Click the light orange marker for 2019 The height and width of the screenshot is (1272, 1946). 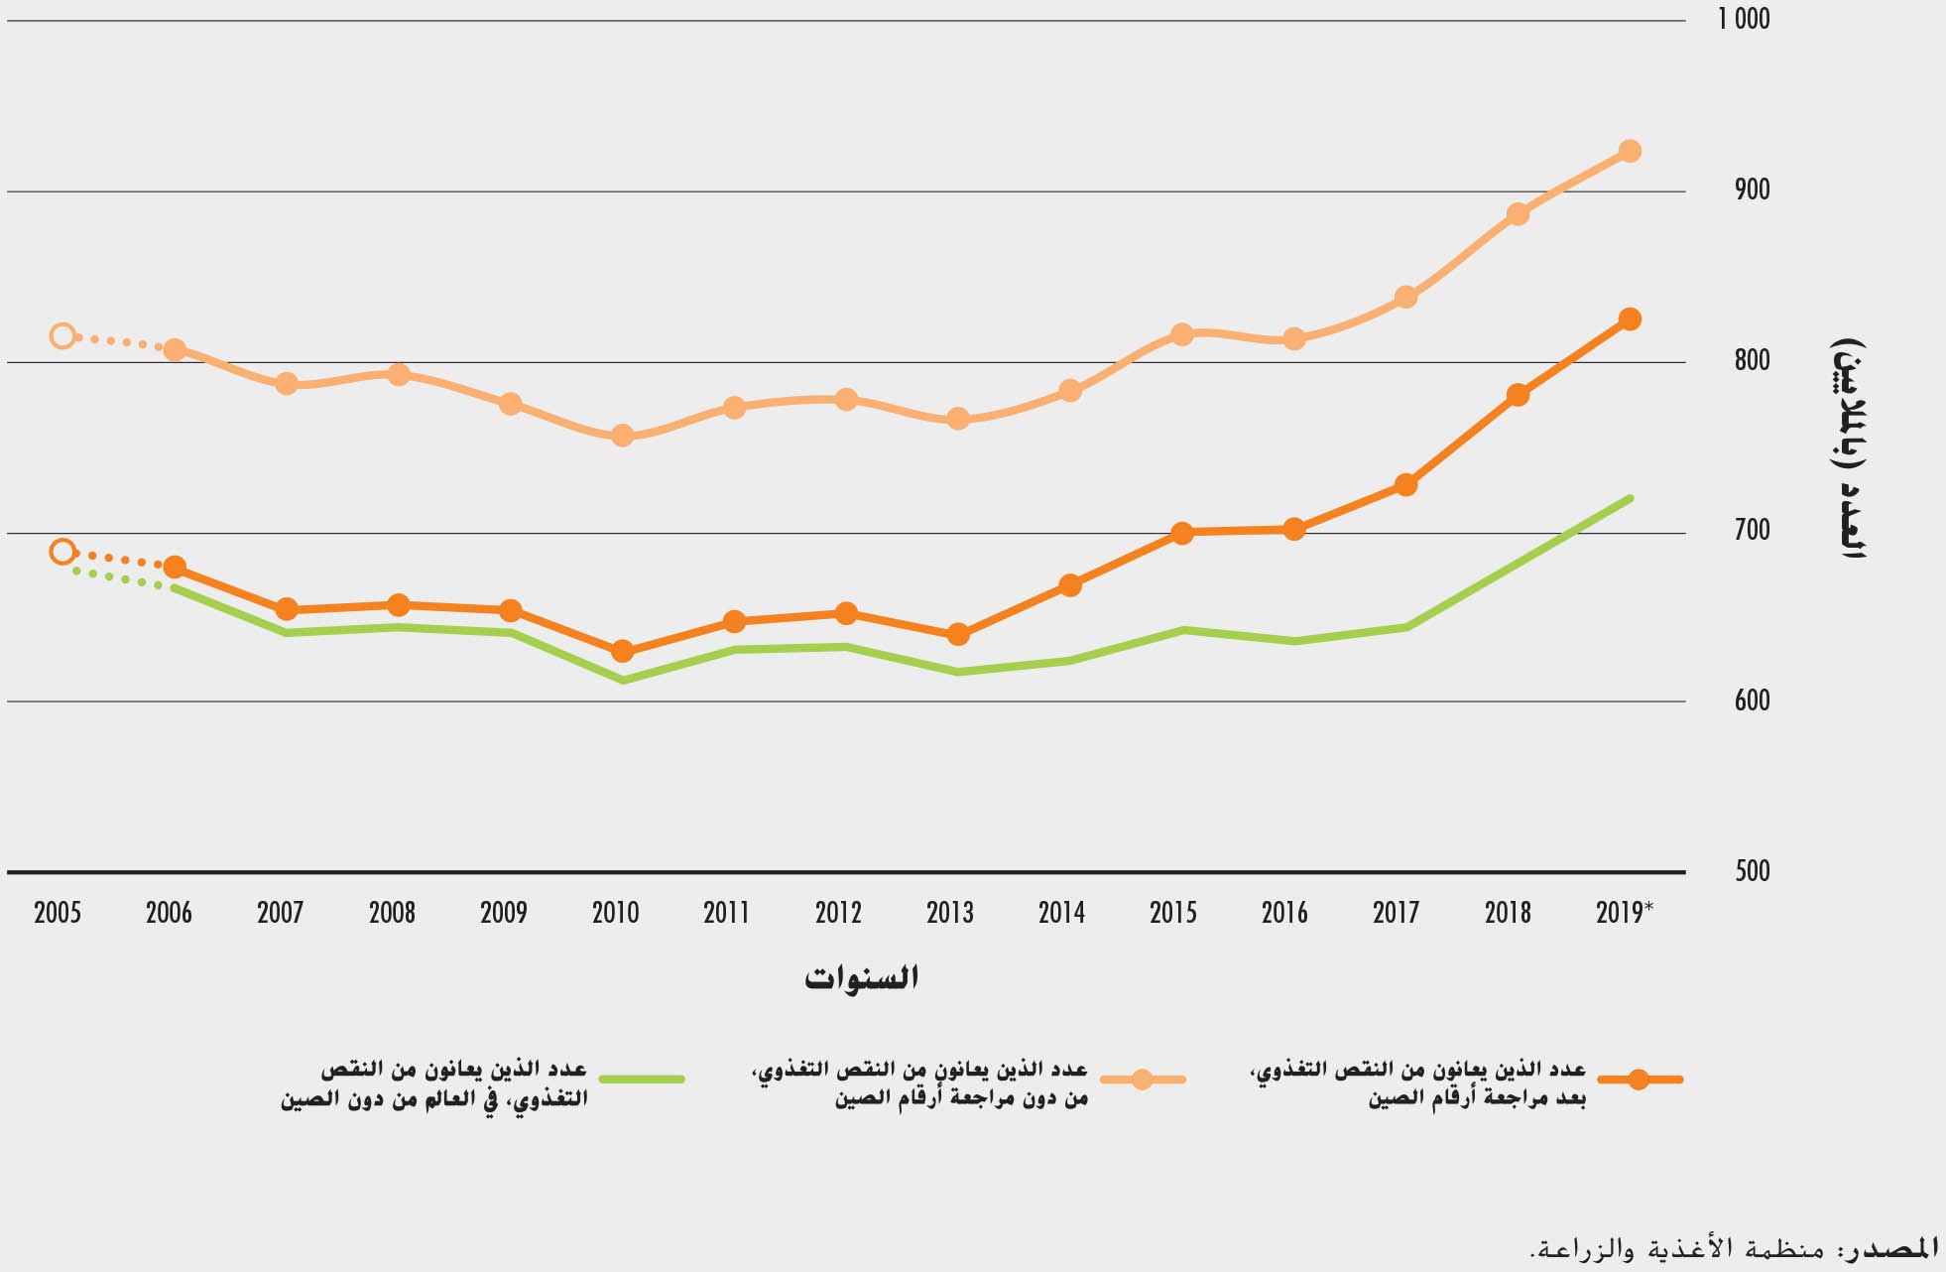pos(1629,151)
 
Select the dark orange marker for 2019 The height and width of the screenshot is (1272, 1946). pos(1629,318)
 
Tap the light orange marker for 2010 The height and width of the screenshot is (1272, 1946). pos(622,436)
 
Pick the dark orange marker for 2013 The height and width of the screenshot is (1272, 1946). pos(957,634)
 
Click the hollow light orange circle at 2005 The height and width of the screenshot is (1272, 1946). pos(62,335)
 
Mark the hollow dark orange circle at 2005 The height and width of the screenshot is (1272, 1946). pos(62,552)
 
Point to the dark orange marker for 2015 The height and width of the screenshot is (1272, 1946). pos(1181,533)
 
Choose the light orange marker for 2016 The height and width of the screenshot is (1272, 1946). pos(1293,338)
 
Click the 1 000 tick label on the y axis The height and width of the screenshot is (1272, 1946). pos(1744,19)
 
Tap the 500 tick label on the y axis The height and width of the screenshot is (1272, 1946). pos(1753,871)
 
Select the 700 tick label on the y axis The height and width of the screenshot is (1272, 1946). pos(1753,530)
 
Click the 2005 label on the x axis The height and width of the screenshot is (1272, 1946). pos(58,913)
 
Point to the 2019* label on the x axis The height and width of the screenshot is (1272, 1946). pos(1624,913)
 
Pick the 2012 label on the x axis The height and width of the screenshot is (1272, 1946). pos(838,913)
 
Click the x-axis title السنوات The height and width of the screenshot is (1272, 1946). pos(861,978)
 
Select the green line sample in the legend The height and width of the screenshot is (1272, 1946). pos(642,1079)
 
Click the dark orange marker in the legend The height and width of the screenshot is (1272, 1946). pos(1639,1080)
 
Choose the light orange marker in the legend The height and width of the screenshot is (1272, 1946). pos(1142,1080)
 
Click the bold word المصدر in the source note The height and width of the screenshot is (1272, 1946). pos(1894,1248)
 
